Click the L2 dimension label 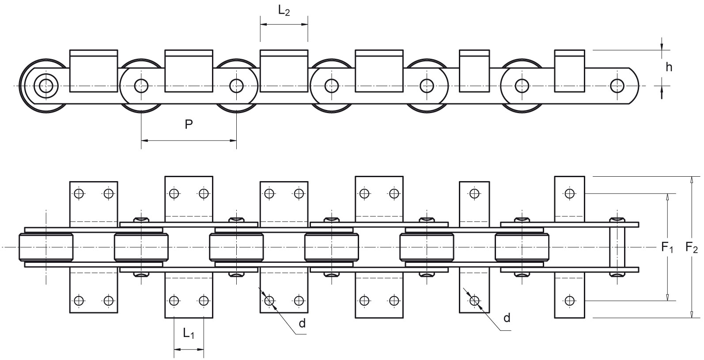(x=284, y=11)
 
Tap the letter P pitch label (x=189, y=125)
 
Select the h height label (x=669, y=67)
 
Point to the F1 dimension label (x=667, y=247)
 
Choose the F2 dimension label (x=692, y=247)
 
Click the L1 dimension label (x=189, y=333)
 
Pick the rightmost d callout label (x=507, y=318)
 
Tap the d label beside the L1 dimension (x=302, y=323)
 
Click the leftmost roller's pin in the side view (x=46, y=86)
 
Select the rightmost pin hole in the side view (x=617, y=86)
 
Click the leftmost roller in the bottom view (x=46, y=247)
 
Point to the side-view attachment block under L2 (x=284, y=71)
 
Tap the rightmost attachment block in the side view (x=569, y=71)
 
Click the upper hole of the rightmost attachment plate (x=569, y=193)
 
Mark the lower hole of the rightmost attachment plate (x=569, y=301)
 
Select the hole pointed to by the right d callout (x=474, y=301)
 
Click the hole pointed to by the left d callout (x=269, y=301)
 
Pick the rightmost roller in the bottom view (x=522, y=247)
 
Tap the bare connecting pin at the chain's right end (x=617, y=247)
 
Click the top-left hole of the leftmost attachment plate (x=79, y=193)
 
